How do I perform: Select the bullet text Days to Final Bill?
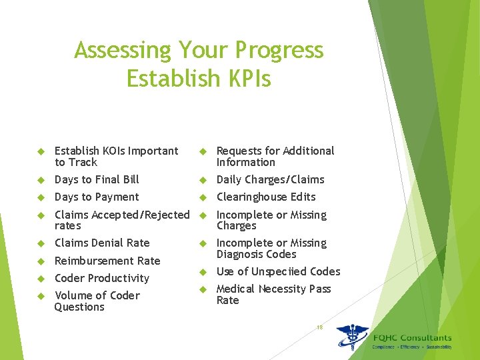click(97, 179)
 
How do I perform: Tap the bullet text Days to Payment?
click(97, 197)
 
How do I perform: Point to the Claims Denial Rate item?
click(102, 243)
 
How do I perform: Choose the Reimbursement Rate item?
click(107, 261)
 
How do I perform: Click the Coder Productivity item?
click(102, 278)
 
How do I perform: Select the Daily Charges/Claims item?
click(270, 179)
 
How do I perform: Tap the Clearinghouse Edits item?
click(266, 197)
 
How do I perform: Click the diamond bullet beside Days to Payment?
click(40, 197)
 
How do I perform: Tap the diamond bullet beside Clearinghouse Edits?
click(203, 197)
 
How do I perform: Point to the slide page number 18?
click(320, 327)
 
